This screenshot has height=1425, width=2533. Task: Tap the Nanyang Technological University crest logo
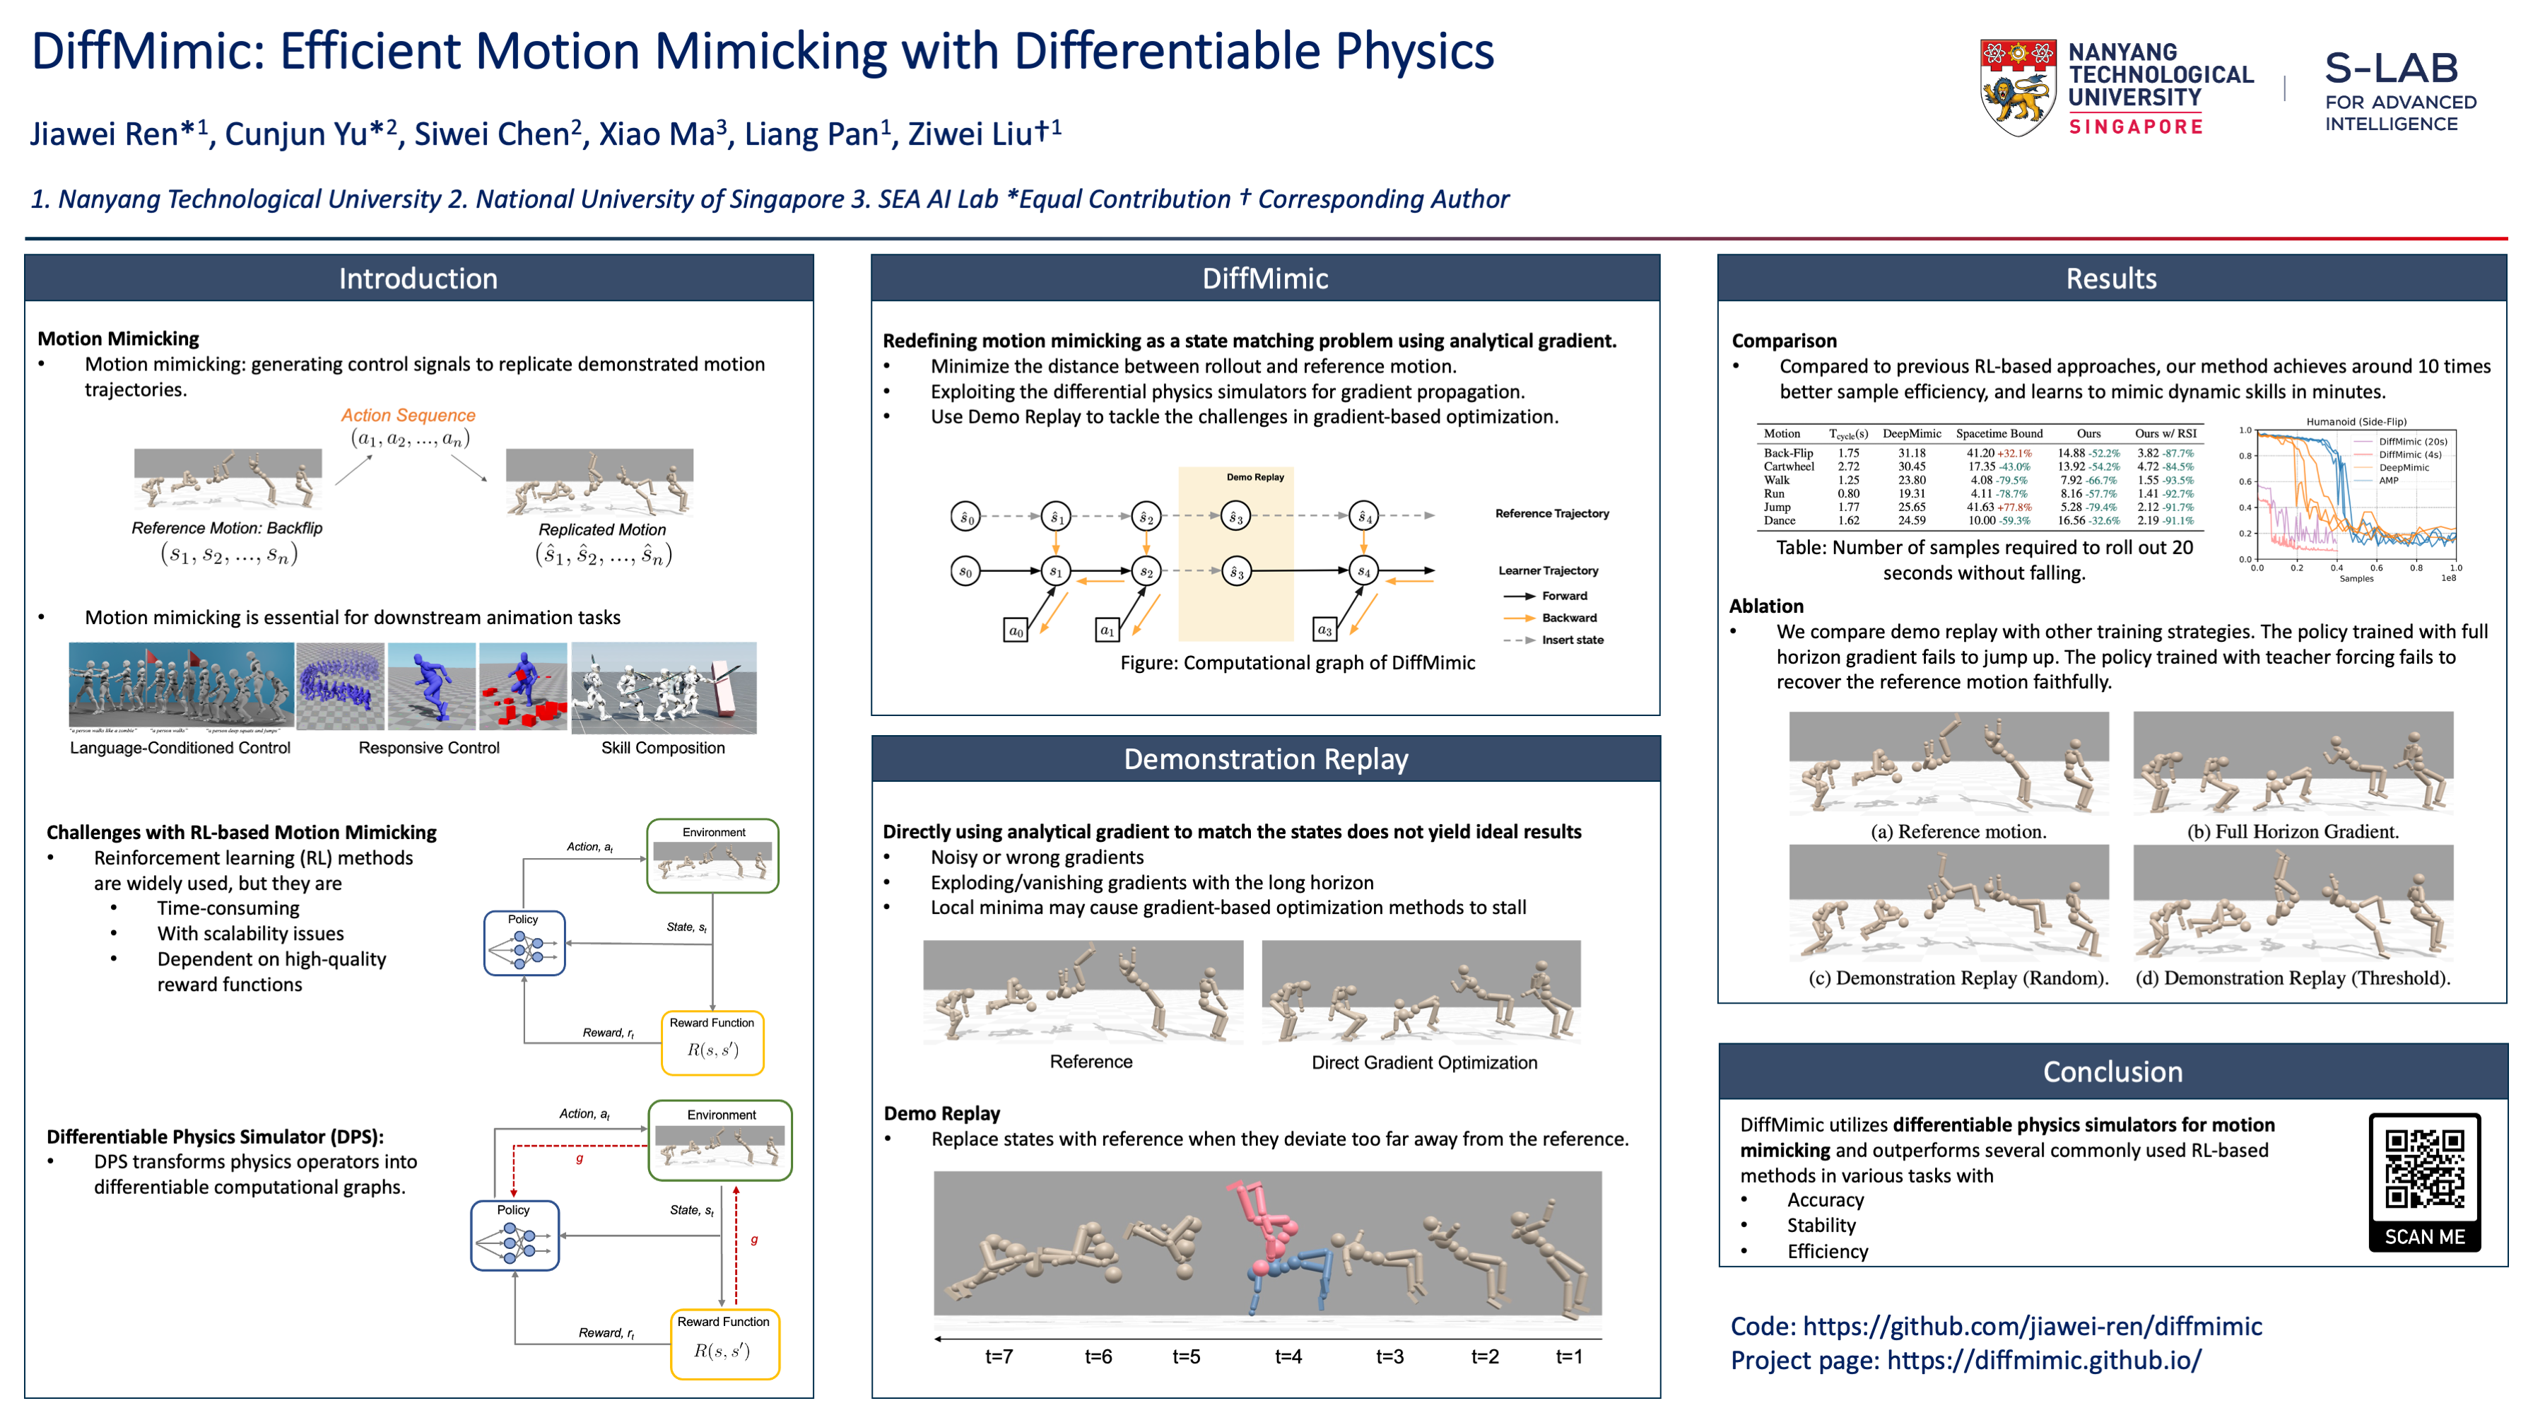tap(2017, 88)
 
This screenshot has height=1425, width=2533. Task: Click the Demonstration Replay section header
tap(1266, 759)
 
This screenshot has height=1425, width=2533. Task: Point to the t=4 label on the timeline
tap(1288, 1357)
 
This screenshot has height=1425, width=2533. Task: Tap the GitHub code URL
tap(2031, 1327)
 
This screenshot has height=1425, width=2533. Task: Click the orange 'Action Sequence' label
tap(408, 415)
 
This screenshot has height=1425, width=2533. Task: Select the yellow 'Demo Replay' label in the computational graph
tap(1254, 477)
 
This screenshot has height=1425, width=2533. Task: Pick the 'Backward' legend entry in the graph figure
tap(1568, 618)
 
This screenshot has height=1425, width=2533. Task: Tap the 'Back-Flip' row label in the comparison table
tap(1787, 453)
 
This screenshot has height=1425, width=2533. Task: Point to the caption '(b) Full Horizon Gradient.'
tap(2292, 832)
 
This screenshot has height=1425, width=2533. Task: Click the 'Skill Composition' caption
tap(663, 747)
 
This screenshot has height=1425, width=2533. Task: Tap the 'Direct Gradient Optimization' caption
tap(1424, 1062)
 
